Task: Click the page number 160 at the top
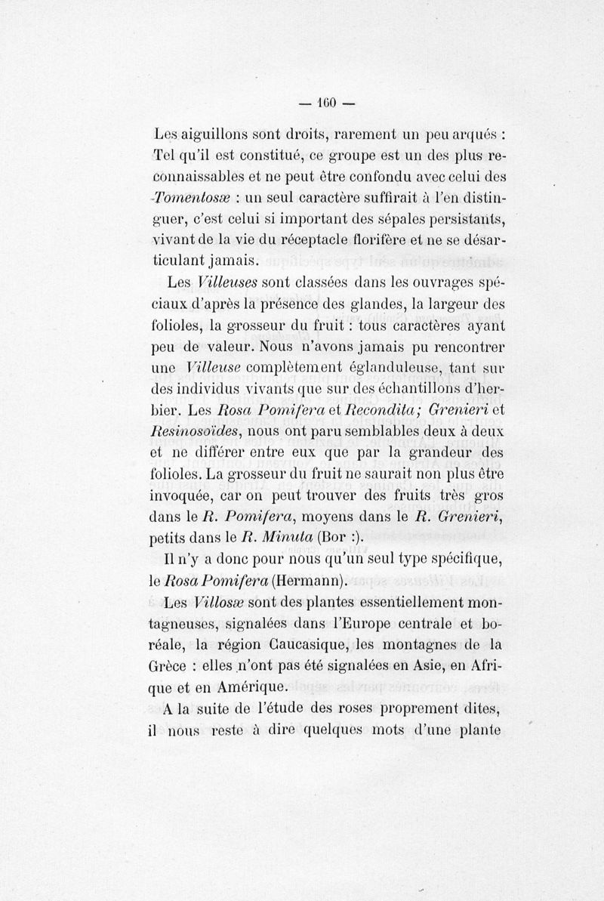[x=325, y=102]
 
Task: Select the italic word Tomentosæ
[x=188, y=199]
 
